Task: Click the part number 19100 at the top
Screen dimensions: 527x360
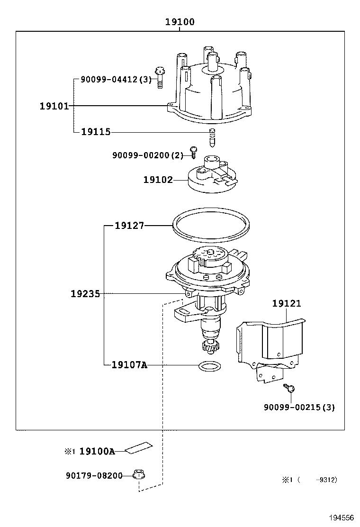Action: pyautogui.click(x=180, y=22)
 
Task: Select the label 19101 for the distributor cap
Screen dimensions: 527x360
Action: pyautogui.click(x=54, y=106)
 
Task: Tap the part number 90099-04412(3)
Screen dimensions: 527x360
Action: pyautogui.click(x=116, y=80)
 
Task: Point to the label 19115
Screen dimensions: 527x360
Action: pyautogui.click(x=96, y=132)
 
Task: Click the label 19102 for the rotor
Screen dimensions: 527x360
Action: pyautogui.click(x=158, y=180)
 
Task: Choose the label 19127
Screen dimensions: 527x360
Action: pyautogui.click(x=129, y=226)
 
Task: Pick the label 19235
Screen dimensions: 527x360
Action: pyautogui.click(x=85, y=294)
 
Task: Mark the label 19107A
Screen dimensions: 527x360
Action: pyautogui.click(x=129, y=365)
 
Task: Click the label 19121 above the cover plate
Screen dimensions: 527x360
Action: pyautogui.click(x=286, y=304)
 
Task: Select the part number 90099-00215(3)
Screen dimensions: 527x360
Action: pyautogui.click(x=299, y=407)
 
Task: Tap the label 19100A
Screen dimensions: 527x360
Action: pyautogui.click(x=97, y=452)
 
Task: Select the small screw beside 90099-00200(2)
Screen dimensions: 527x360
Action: pyautogui.click(x=193, y=152)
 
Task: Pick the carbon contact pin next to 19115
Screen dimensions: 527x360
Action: pyautogui.click(x=213, y=137)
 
